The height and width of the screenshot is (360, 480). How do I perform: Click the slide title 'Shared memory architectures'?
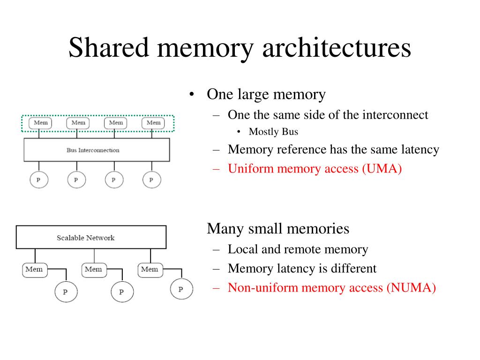tap(240, 48)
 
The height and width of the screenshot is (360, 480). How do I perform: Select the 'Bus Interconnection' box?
tap(97, 150)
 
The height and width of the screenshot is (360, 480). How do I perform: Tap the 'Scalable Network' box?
tap(91, 237)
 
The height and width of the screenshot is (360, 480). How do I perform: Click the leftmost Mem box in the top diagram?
tap(40, 123)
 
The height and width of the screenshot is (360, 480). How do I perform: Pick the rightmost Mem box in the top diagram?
tap(153, 123)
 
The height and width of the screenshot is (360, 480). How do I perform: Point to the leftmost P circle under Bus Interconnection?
tap(38, 180)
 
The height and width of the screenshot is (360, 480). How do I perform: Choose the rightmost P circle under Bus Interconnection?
tap(151, 180)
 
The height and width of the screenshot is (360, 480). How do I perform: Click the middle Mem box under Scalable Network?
tap(93, 270)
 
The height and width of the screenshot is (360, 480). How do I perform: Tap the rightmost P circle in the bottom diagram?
tap(181, 289)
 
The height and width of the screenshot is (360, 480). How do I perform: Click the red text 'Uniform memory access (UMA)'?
tap(315, 169)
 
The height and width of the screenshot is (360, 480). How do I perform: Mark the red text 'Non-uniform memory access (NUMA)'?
tap(332, 288)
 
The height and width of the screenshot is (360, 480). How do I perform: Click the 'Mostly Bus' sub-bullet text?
tap(273, 132)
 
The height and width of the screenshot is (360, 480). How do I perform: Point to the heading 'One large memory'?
tap(266, 95)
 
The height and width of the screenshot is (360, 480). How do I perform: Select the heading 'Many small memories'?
tap(278, 229)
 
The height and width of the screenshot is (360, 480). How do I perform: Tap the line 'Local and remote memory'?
tap(298, 249)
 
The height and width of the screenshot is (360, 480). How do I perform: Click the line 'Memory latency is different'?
tap(302, 269)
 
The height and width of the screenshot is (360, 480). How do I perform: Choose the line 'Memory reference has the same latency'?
tap(333, 150)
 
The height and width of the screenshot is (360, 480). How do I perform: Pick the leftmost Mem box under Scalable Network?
tap(34, 270)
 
